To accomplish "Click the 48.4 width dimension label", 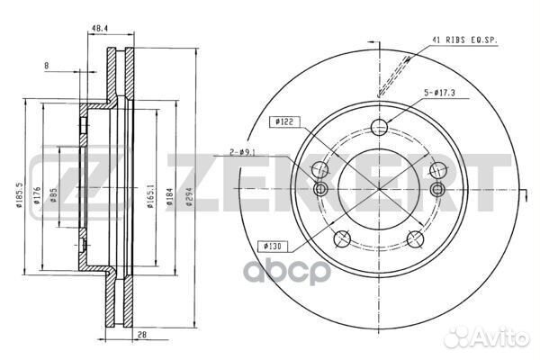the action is pos(100,29).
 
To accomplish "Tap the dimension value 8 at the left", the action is pos(47,66).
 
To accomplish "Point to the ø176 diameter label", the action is pos(37,195).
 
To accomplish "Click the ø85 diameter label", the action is pos(53,194).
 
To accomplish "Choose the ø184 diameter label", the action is pos(169,196).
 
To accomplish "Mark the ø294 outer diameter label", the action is pos(189,197).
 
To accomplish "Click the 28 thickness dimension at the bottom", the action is pos(142,335).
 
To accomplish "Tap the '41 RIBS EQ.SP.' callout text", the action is pos(465,40).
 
